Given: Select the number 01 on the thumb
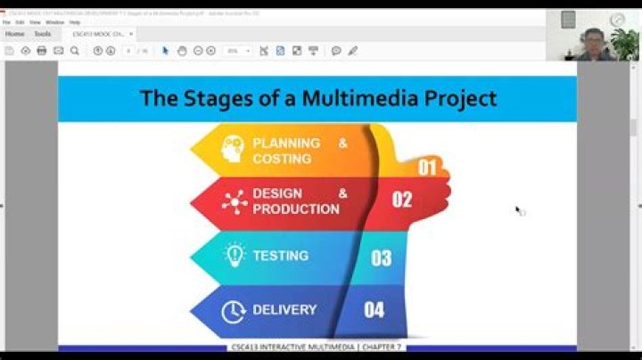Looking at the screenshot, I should point(427,167).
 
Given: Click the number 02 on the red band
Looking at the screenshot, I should point(402,200).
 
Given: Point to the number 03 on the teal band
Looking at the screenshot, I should point(381,258).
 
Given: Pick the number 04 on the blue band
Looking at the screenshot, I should point(374,310).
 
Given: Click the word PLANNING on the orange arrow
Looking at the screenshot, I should point(286,143).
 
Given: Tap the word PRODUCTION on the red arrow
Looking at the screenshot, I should point(296,209).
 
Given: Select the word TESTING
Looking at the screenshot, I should point(280,256).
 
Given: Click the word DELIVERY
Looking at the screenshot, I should point(284,310).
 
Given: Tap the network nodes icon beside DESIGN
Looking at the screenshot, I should point(235,201).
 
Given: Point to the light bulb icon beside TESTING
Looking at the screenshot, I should point(234,256).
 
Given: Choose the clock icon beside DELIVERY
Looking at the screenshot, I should point(233,311).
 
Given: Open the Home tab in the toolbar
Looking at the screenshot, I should point(14,34).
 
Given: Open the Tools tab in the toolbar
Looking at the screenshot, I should point(43,34).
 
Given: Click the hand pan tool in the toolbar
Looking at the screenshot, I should point(181,51).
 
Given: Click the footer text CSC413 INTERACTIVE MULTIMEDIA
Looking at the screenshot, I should point(317,347).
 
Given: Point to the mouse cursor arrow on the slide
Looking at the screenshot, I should point(518,209).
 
